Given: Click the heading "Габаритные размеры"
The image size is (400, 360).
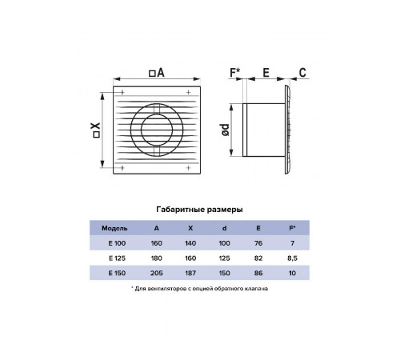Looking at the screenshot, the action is [199, 210].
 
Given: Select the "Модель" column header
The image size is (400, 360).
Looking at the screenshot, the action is [114, 228].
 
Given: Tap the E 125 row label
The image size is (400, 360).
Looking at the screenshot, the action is [117, 258].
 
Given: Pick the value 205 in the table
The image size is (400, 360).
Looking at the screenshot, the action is [156, 273].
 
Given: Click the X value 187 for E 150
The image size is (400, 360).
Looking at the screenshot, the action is [190, 273].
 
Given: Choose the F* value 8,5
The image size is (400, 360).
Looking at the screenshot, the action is [292, 258].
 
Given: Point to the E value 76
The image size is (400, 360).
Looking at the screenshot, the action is [258, 243].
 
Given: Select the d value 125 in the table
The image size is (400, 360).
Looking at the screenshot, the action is [224, 258].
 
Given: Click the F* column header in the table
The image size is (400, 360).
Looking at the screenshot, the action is [292, 228].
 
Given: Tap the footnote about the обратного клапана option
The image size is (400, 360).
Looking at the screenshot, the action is [200, 289].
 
